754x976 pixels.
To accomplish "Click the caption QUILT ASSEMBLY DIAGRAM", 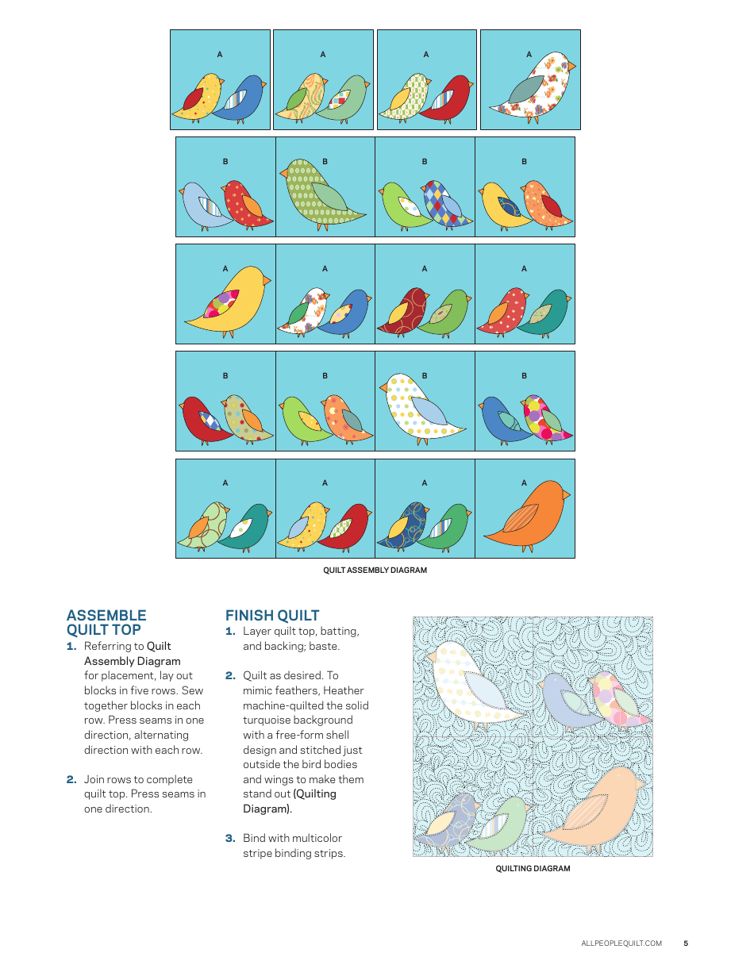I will coord(375,570).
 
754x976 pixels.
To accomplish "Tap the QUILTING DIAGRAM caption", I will coord(533,868).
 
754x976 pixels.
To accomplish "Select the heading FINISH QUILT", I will coord(272,616).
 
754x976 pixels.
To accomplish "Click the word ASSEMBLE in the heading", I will coord(106,616).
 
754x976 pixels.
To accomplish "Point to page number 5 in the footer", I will coord(686,943).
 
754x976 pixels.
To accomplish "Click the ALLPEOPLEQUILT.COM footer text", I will coord(621,943).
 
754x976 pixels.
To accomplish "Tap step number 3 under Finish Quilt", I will coord(230,839).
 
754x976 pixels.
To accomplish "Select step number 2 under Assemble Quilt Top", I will coord(71,780).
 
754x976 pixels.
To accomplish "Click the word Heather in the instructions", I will coord(343,690).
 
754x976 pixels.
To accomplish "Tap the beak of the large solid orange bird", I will coord(565,494).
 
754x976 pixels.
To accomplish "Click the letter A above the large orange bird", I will coord(524,482).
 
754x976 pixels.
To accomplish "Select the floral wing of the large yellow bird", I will coord(222,304).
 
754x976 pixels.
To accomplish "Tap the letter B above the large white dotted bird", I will coord(425,375).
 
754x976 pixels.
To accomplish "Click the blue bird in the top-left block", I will coord(242,99).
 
